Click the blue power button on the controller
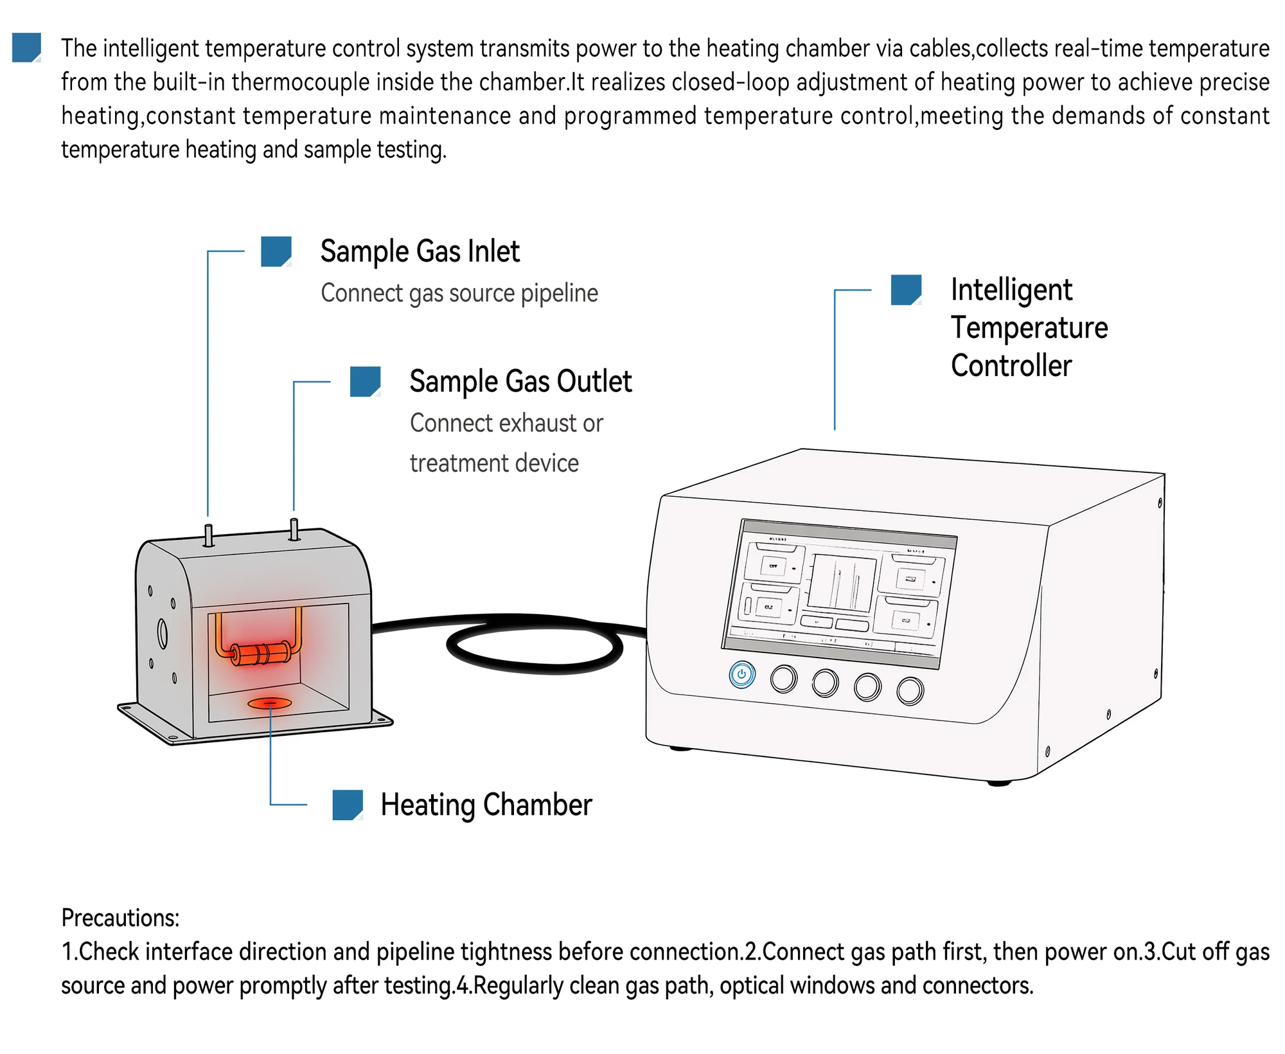click(741, 674)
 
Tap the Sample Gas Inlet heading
click(420, 251)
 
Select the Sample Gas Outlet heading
click(520, 382)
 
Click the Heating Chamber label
click(486, 805)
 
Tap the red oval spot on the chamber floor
click(270, 703)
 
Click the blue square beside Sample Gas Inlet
click(276, 251)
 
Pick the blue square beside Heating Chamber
click(348, 805)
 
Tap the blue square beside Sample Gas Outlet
click(365, 382)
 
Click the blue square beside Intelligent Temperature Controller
click(906, 290)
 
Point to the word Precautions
click(120, 918)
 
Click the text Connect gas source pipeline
click(459, 293)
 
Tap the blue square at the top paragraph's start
click(26, 48)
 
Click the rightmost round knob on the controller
click(910, 691)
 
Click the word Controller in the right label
click(1011, 366)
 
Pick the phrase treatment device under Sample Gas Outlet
click(494, 463)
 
